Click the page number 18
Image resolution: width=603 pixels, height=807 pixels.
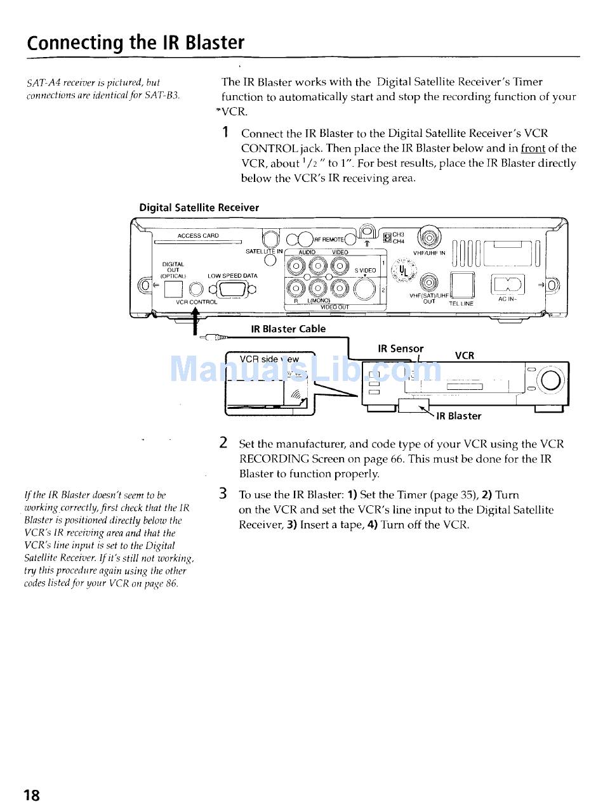(x=32, y=795)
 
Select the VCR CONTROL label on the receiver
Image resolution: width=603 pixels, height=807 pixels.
(x=197, y=302)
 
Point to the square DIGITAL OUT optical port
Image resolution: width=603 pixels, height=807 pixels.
(x=175, y=290)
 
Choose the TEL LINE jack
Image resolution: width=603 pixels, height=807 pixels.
(x=461, y=285)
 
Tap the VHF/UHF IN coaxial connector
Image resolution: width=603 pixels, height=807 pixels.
(x=430, y=239)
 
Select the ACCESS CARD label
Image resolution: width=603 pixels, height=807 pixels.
(x=198, y=236)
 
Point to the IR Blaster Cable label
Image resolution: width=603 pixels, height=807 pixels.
(x=288, y=329)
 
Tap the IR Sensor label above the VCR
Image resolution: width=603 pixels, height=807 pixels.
(x=400, y=349)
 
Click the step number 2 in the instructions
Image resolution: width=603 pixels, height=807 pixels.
(x=223, y=443)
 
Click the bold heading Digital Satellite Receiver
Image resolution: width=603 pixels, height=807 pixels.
(x=199, y=207)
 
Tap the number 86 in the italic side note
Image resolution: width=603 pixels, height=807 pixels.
(x=171, y=583)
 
